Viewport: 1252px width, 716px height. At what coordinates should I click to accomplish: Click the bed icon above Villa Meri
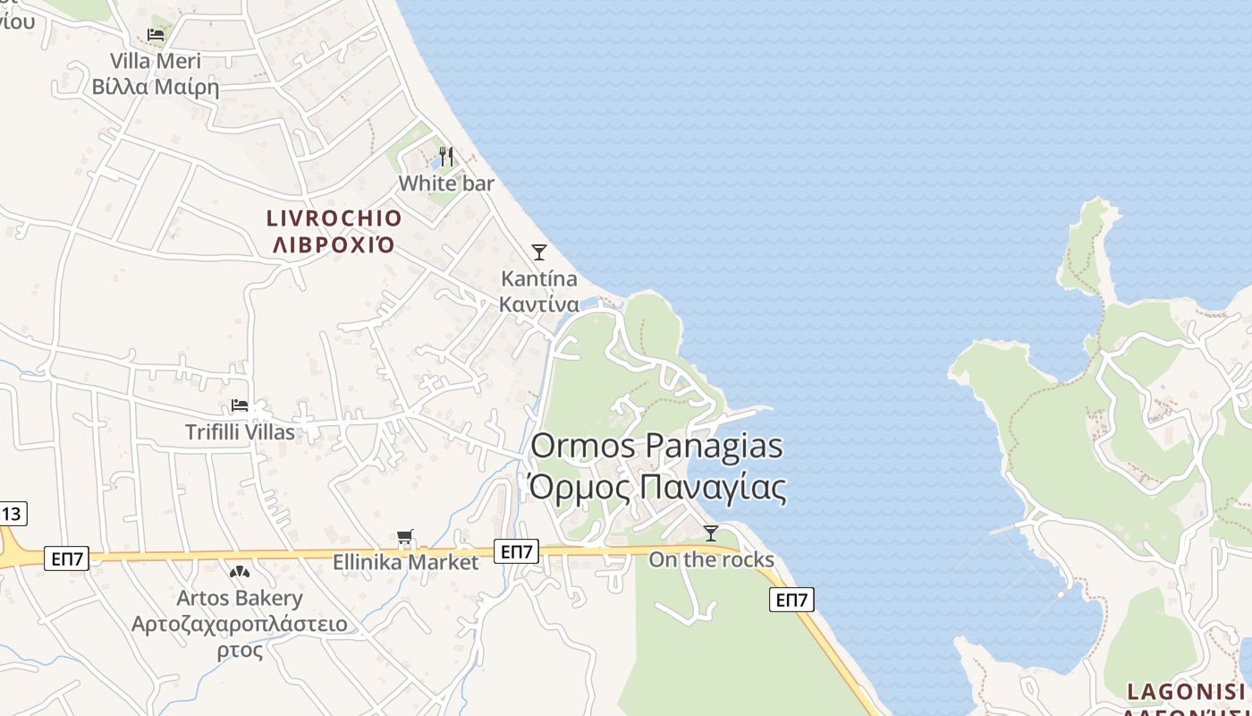[x=156, y=36]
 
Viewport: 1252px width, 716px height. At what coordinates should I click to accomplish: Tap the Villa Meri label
[x=156, y=62]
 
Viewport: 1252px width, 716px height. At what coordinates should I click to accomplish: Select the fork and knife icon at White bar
[x=446, y=158]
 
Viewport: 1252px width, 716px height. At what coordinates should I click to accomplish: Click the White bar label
[x=446, y=183]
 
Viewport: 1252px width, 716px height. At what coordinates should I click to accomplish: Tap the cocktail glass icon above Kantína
[x=538, y=252]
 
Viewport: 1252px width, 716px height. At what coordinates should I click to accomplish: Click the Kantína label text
[x=538, y=278]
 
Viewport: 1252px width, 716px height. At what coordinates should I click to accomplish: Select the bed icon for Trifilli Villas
[x=240, y=405]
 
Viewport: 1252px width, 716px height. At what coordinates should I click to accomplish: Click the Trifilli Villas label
[x=240, y=432]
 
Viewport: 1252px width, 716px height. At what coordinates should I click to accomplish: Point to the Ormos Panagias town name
[x=657, y=446]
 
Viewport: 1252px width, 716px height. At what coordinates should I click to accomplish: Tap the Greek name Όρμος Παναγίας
[x=657, y=488]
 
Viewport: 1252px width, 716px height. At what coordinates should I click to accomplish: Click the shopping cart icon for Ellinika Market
[x=406, y=538]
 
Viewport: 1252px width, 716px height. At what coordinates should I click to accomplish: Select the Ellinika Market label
[x=406, y=563]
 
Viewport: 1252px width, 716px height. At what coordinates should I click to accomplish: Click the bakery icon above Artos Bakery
[x=239, y=571]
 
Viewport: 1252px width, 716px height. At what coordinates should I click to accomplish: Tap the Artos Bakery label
[x=240, y=598]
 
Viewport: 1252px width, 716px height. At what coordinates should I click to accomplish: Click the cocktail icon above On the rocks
[x=711, y=533]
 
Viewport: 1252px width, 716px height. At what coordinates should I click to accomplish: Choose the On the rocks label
[x=711, y=560]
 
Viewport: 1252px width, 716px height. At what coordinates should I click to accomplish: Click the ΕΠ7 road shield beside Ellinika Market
[x=517, y=551]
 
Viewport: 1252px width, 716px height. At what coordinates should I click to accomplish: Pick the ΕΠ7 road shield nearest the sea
[x=791, y=600]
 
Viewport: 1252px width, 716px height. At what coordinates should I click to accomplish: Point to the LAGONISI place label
[x=1186, y=692]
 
